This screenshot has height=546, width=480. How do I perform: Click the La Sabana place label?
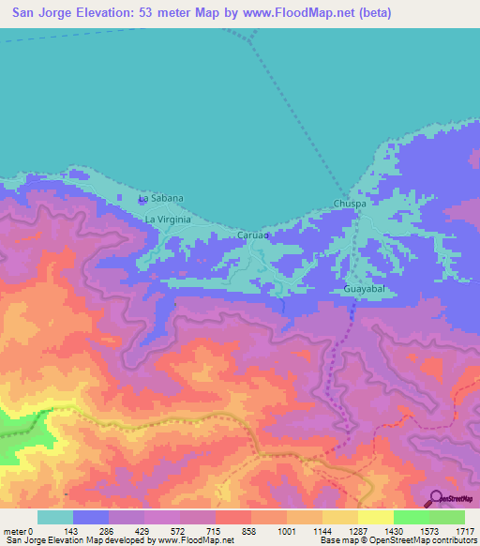160,199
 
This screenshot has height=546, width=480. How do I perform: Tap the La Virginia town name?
168,220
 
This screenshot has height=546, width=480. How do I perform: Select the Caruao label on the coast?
253,235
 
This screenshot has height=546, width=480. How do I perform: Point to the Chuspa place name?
350,204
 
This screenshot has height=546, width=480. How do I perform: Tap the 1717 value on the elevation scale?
464,530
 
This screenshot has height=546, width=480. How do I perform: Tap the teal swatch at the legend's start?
55,517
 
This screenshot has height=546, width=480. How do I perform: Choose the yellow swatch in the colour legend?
375,517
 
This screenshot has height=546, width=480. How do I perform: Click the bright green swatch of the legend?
411,517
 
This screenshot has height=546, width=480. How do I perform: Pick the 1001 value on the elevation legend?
286,530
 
